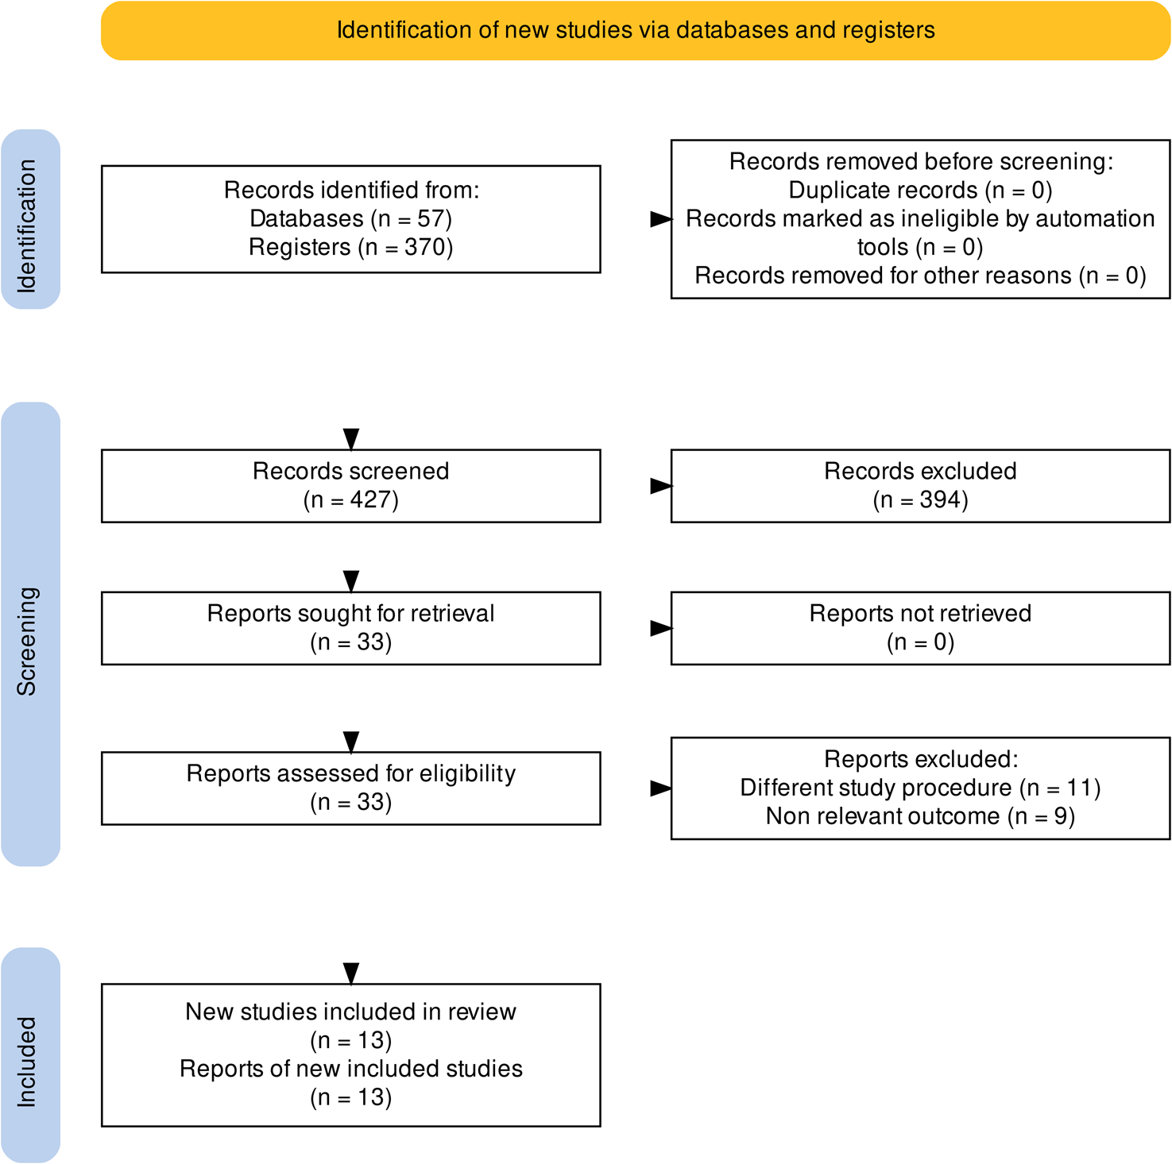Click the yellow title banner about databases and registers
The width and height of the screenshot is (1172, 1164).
636,30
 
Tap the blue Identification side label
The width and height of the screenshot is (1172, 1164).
30,220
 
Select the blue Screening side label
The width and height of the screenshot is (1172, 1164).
30,634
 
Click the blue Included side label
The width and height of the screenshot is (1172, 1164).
30,1055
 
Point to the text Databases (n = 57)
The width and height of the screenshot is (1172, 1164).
350,218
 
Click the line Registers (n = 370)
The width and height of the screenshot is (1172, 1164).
350,247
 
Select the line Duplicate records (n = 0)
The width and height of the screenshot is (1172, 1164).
920,191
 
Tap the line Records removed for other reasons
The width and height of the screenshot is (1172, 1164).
920,276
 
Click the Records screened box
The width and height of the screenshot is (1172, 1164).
350,485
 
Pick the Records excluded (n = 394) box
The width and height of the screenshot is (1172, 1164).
920,485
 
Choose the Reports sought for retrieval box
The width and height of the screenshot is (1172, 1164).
350,627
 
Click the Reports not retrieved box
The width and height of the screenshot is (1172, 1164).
920,627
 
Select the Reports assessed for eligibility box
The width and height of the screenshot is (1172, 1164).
350,788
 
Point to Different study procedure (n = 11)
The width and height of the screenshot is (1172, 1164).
920,788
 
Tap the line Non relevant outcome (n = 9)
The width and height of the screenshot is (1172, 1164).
920,816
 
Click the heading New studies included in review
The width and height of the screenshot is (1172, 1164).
350,1012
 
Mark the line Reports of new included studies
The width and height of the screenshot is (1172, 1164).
350,1069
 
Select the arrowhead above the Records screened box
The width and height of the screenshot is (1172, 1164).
350,439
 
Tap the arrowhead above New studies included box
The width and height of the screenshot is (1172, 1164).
350,973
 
